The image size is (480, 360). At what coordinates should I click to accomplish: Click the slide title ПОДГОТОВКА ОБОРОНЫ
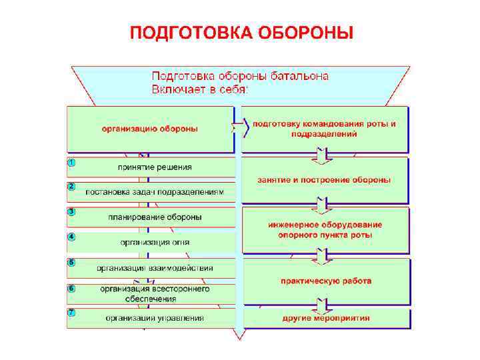(x=241, y=32)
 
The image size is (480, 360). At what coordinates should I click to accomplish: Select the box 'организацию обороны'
(x=150, y=129)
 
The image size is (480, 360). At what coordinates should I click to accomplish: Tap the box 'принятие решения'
(x=154, y=167)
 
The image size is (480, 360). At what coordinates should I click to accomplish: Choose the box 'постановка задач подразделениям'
(x=154, y=192)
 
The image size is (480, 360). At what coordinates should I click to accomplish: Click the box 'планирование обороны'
(x=154, y=217)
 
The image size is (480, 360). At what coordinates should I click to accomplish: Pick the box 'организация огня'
(x=154, y=242)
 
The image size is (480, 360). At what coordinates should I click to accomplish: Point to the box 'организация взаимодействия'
(x=154, y=268)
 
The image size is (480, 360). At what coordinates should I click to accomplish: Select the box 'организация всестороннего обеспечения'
(x=154, y=293)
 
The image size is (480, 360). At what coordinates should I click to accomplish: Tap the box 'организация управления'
(x=154, y=318)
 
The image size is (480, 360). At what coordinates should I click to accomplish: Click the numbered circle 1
(x=71, y=162)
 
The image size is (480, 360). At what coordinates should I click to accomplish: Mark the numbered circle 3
(x=71, y=211)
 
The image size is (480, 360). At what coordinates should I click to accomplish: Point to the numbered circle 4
(x=71, y=237)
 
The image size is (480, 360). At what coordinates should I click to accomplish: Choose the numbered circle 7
(x=71, y=313)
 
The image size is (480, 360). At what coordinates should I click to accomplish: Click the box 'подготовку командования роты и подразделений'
(x=325, y=129)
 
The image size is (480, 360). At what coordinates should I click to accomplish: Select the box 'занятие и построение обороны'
(x=325, y=180)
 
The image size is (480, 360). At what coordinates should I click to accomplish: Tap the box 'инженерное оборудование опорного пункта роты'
(x=325, y=230)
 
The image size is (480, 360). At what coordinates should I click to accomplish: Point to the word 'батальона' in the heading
(x=294, y=76)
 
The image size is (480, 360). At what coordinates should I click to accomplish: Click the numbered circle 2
(x=71, y=186)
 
